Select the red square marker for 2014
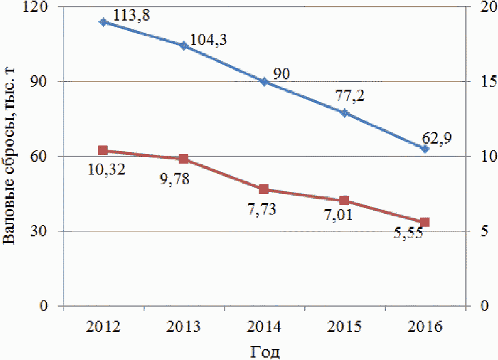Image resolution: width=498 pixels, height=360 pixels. [x=264, y=189]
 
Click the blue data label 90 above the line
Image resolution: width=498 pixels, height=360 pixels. [x=282, y=75]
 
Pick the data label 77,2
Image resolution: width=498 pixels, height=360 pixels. [x=350, y=96]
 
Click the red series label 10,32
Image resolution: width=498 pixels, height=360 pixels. [x=107, y=170]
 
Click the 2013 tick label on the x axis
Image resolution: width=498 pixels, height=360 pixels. [x=184, y=327]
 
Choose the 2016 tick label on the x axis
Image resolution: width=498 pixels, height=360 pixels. [x=425, y=327]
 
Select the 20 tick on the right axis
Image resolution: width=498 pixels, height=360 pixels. [x=482, y=7]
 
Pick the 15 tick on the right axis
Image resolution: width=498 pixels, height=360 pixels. [x=482, y=82]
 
